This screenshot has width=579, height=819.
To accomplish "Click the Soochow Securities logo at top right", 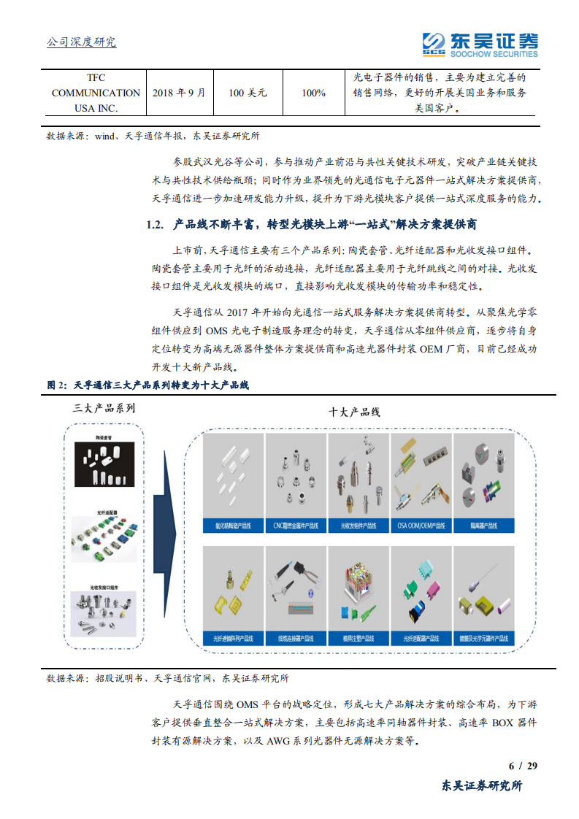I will pos(480,43).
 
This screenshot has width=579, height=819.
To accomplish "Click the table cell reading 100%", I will pos(313,93).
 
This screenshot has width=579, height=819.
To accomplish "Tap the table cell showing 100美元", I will pos(248,93).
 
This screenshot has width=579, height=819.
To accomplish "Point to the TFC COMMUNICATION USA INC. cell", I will pos(96,93).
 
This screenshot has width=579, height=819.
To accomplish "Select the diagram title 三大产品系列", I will pos(104,408).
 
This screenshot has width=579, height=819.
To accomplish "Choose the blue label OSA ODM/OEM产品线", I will pos(421,526).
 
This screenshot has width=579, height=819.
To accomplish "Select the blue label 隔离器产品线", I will pos(483,526).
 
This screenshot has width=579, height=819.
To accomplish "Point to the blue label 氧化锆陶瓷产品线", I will pos(232,526).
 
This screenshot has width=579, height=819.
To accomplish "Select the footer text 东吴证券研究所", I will pos(483,785).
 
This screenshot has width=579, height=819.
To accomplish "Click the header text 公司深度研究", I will pos(81,42).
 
